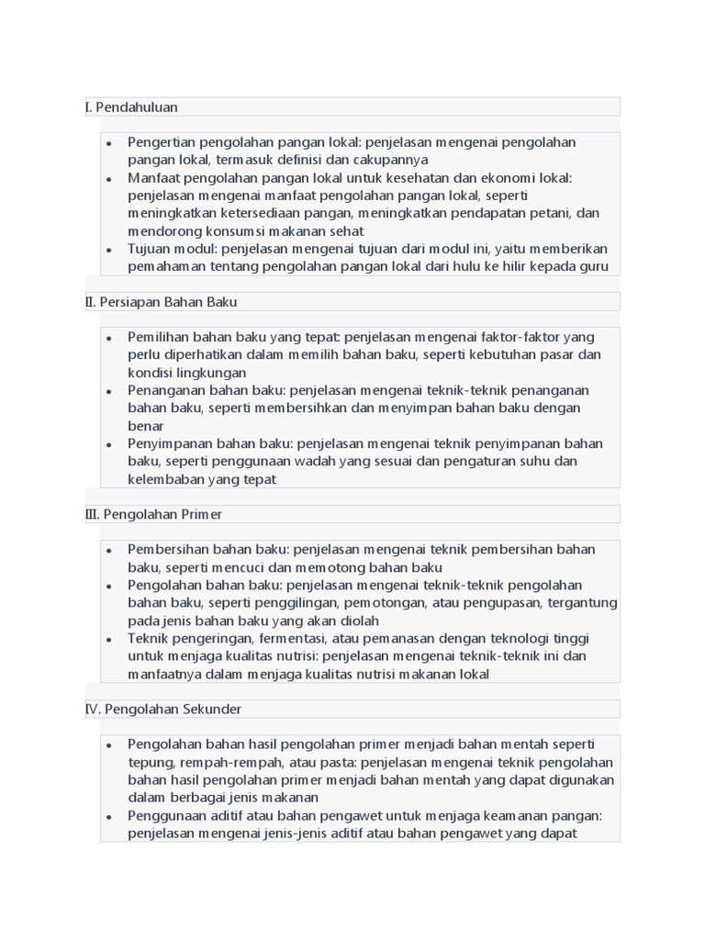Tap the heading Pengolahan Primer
162,514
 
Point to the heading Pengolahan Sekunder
173,709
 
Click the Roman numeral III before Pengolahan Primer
92,514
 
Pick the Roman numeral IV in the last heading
93,709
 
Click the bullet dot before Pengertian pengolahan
108,143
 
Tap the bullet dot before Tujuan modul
108,250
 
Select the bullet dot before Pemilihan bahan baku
108,338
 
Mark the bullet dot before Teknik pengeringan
108,639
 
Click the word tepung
149,762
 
